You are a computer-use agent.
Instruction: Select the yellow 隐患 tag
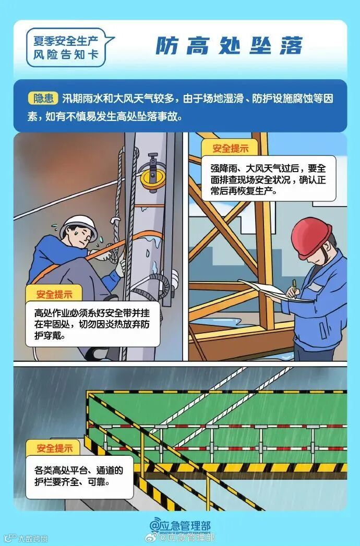[43, 98]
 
